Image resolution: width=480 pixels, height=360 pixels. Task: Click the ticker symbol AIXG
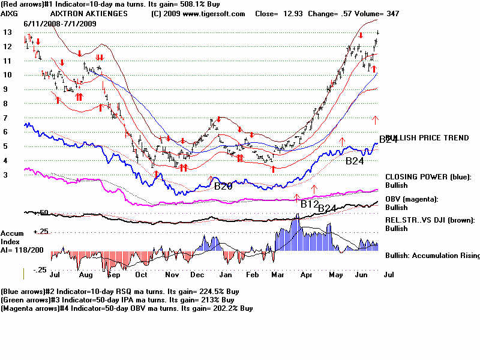tap(10, 13)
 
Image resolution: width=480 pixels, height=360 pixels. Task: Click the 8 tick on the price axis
tap(7, 103)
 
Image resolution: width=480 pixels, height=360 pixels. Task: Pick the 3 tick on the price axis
tap(7, 175)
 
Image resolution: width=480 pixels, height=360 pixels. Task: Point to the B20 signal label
tap(223, 186)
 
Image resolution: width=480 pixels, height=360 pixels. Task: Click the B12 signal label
tap(309, 204)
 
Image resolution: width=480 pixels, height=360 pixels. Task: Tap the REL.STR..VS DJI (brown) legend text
tap(430, 220)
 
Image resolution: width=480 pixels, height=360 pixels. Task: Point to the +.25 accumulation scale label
tap(40, 232)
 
